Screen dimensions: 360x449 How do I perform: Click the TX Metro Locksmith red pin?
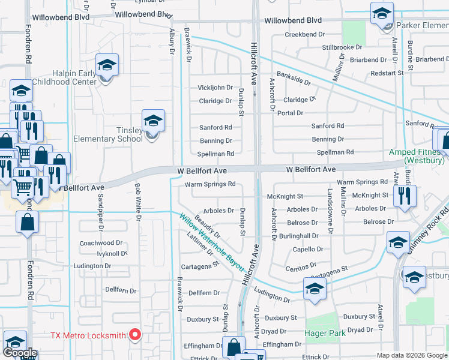(x=135, y=334)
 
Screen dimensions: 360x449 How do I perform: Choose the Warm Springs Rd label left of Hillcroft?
(x=210, y=185)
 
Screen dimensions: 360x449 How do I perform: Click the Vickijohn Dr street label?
(x=215, y=88)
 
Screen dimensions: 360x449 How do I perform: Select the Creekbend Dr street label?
(x=300, y=35)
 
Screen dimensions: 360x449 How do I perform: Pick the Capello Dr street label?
(x=307, y=250)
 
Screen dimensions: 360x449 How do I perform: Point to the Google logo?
(x=20, y=353)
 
